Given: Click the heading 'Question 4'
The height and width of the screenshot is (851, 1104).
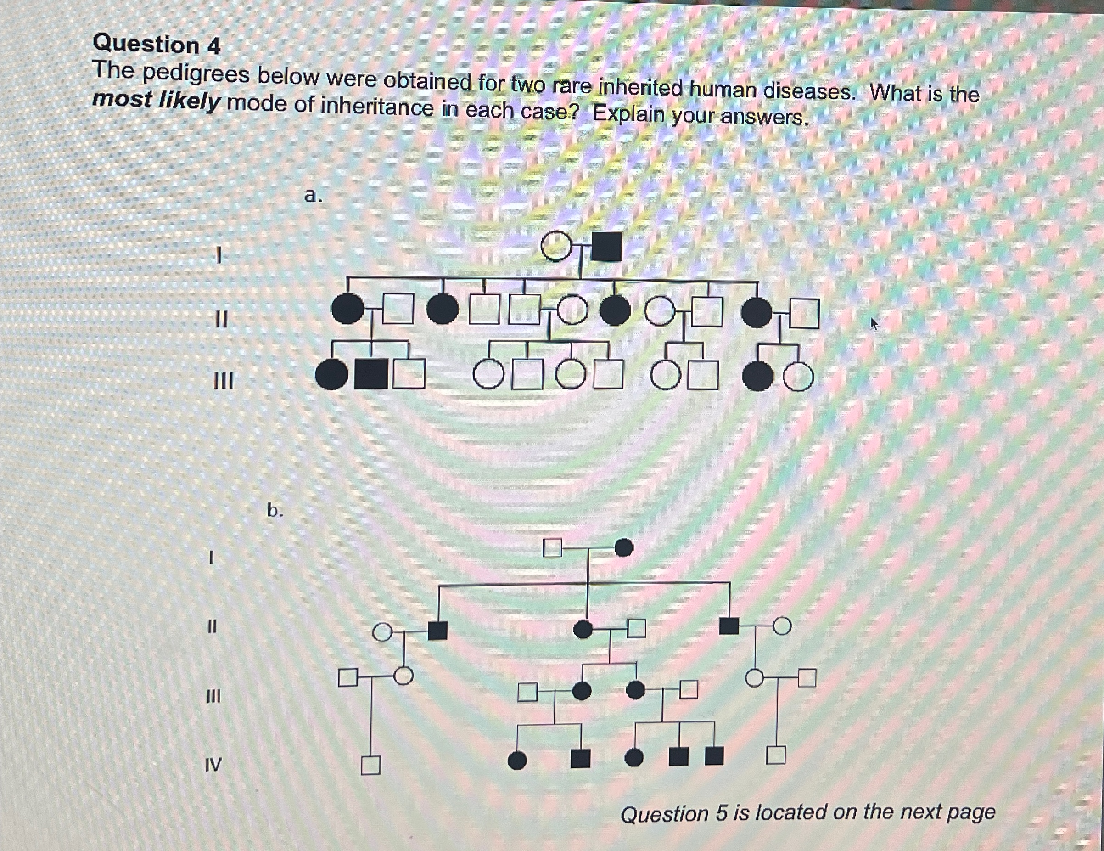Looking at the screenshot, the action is click(157, 45).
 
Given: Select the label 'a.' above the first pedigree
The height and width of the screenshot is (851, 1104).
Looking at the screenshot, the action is click(314, 195).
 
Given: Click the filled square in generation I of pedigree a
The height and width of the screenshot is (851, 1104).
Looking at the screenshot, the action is click(606, 247).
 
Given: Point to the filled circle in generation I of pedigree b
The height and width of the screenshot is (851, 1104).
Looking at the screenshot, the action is click(624, 547).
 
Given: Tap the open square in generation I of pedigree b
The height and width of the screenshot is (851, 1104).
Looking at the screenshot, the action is click(552, 547).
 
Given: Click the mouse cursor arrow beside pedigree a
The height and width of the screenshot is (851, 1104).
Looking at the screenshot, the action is click(874, 324).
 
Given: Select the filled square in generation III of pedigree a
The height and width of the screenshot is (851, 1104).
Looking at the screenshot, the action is click(371, 375).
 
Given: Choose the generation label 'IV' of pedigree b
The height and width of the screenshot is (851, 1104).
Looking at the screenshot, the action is click(213, 765).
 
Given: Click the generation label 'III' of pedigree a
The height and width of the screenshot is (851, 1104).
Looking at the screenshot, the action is click(224, 381).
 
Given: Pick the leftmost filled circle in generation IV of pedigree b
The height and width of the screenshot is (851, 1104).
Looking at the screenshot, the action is click(516, 761).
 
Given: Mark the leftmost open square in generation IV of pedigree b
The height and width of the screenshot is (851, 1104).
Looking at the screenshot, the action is click(370, 765).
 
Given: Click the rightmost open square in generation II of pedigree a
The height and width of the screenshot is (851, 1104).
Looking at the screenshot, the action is click(804, 314).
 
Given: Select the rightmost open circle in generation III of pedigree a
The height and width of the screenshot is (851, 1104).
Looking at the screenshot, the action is click(799, 377).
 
